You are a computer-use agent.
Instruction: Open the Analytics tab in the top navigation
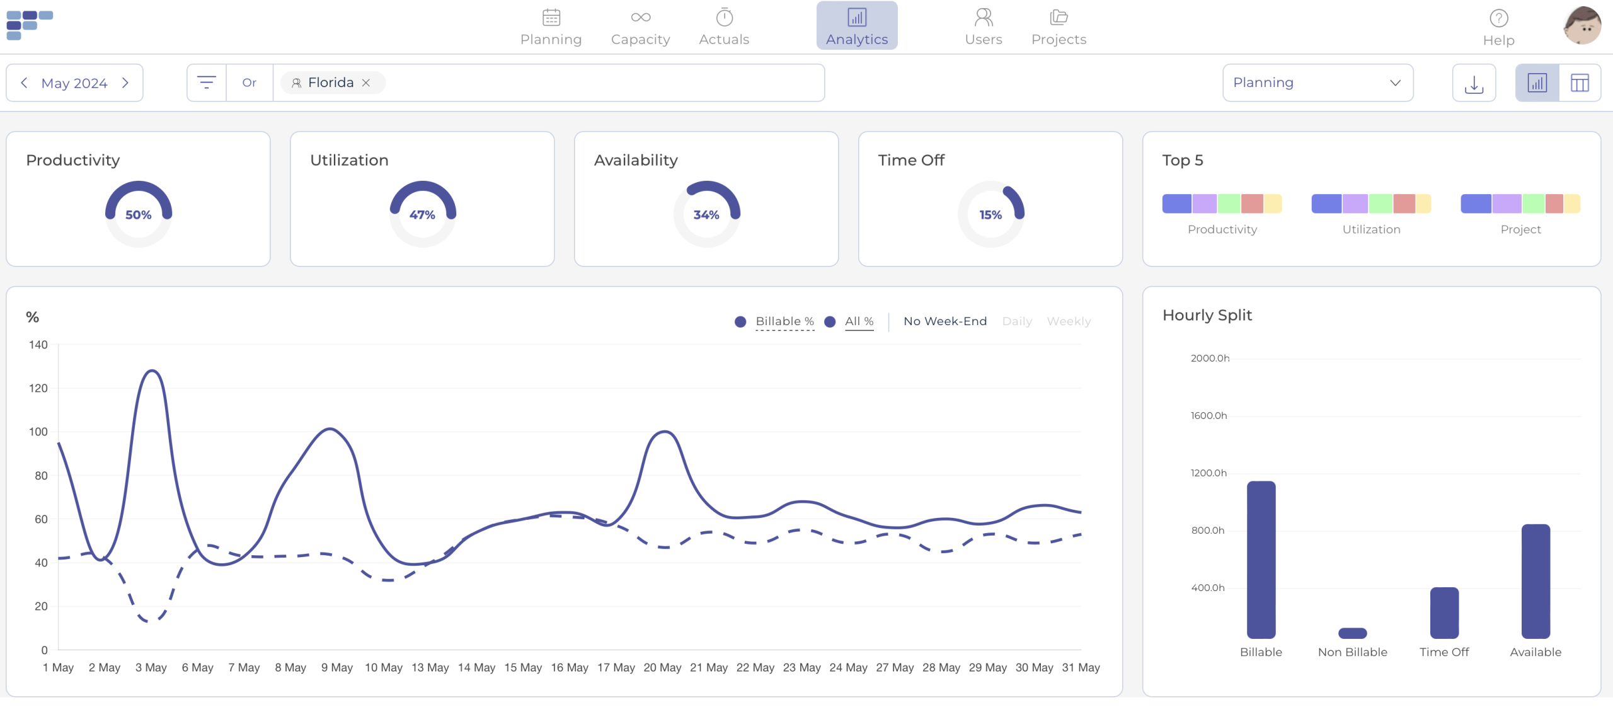857,26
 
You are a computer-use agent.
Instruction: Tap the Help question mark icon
1498,18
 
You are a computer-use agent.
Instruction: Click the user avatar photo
1581,26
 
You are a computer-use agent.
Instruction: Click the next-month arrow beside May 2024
125,83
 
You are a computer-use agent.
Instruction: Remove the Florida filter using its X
365,83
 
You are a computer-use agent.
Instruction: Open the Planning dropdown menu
1317,83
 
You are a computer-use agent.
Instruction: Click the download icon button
1474,83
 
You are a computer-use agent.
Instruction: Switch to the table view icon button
1580,83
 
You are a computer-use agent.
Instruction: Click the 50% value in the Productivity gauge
138,215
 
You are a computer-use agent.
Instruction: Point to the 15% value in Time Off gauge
990,215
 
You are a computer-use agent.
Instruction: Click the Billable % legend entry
784,321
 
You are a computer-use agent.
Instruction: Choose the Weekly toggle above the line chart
1069,321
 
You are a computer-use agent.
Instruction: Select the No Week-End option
945,321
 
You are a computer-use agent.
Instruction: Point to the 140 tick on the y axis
38,345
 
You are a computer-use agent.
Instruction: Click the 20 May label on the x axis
662,667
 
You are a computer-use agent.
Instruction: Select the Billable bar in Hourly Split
1261,560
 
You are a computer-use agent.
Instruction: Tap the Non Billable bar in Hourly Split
1352,633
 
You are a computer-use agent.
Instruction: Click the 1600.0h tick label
1208,416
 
